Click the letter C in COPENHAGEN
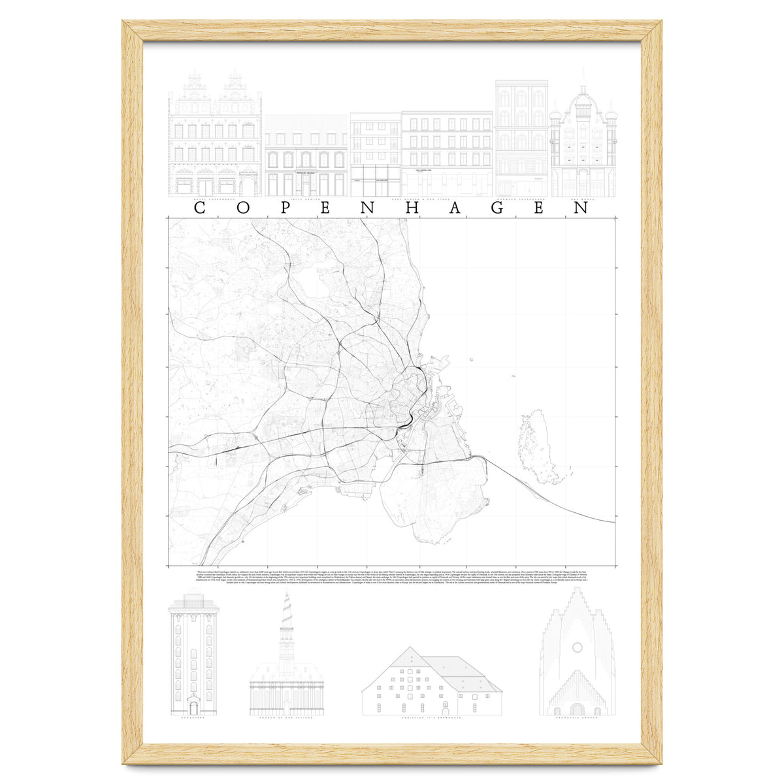tap(200, 208)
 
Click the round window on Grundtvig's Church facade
tap(577, 647)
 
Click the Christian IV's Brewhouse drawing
tap(431, 683)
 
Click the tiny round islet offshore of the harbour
tap(471, 359)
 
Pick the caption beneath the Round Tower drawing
tap(193, 719)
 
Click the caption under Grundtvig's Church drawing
tap(577, 719)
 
